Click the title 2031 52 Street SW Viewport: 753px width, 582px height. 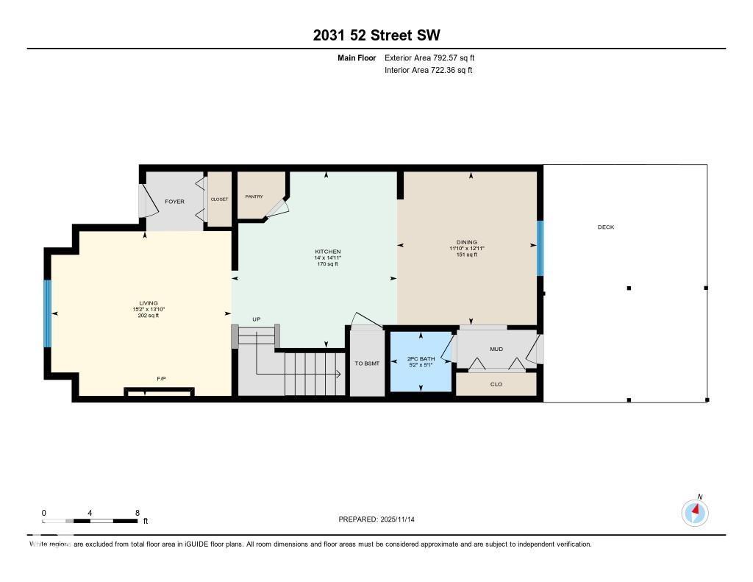click(x=376, y=35)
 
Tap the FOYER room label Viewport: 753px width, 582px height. click(x=174, y=202)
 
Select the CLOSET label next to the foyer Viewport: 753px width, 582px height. click(x=219, y=199)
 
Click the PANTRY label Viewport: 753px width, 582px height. click(x=254, y=196)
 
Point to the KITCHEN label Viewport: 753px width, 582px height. click(x=327, y=252)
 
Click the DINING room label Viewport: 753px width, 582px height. click(x=466, y=242)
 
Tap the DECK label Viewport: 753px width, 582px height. click(x=605, y=227)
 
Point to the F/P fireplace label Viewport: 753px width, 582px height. click(x=161, y=379)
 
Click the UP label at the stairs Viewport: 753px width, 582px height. click(x=257, y=319)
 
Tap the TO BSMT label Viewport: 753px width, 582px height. click(x=365, y=363)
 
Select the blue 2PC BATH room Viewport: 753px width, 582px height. click(x=421, y=361)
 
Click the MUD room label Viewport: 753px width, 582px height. click(x=496, y=349)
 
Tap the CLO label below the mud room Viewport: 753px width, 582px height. click(x=496, y=384)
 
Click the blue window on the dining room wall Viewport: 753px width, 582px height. click(x=540, y=248)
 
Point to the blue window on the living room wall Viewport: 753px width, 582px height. click(x=48, y=313)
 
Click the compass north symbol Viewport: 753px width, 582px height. click(x=695, y=511)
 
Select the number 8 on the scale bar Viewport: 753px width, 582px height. click(x=138, y=512)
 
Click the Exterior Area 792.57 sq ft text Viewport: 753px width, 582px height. click(x=435, y=57)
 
